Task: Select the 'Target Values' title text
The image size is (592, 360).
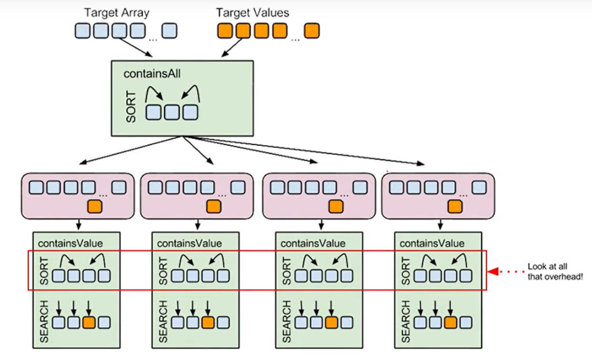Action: click(252, 12)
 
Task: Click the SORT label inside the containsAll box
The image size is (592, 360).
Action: click(131, 107)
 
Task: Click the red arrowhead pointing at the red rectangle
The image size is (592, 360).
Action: click(494, 272)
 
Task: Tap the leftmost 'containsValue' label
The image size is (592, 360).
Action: click(70, 243)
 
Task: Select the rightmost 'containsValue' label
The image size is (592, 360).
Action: click(432, 243)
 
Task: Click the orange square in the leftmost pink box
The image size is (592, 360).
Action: click(94, 206)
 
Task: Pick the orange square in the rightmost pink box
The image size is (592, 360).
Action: click(455, 206)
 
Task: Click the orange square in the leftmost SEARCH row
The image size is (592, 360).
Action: click(89, 322)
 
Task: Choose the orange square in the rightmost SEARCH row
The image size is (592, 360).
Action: click(450, 322)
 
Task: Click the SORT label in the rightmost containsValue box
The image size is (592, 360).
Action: click(406, 271)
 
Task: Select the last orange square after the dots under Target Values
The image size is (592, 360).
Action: click(311, 31)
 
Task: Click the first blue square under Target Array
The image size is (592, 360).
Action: click(82, 31)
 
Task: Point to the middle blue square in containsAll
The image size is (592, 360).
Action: click(172, 112)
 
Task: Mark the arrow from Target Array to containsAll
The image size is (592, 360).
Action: click(134, 48)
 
